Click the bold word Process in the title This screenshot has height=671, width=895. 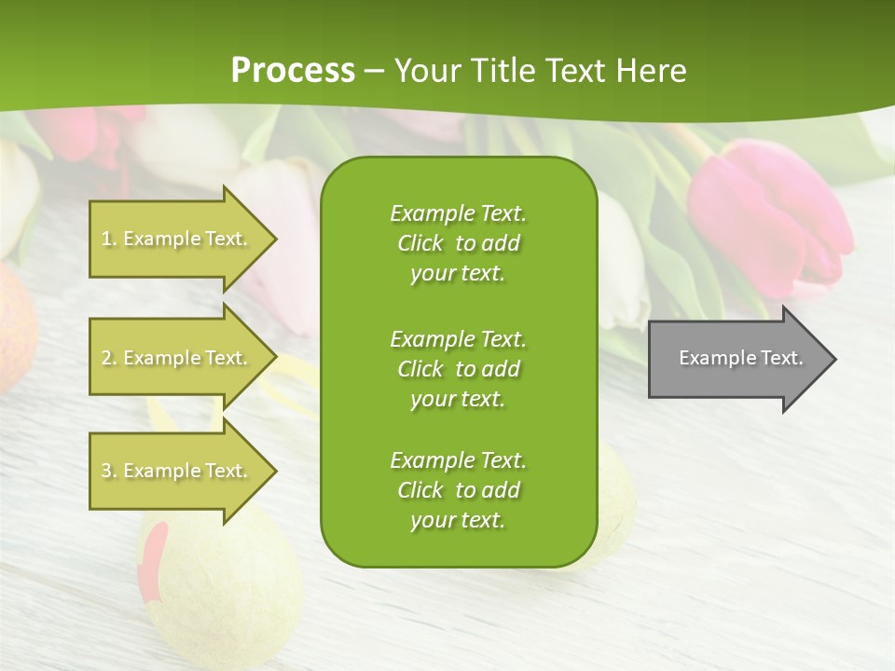coord(293,71)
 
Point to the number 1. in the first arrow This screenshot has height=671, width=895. coord(109,239)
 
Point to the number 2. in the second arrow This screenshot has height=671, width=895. coord(109,358)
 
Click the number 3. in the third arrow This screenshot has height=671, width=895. coord(109,471)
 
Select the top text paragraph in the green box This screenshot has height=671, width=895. coord(458,243)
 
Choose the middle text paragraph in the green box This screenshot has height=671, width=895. coord(458,369)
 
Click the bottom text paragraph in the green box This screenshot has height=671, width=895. coord(458,490)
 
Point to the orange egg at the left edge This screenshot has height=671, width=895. coord(14,326)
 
